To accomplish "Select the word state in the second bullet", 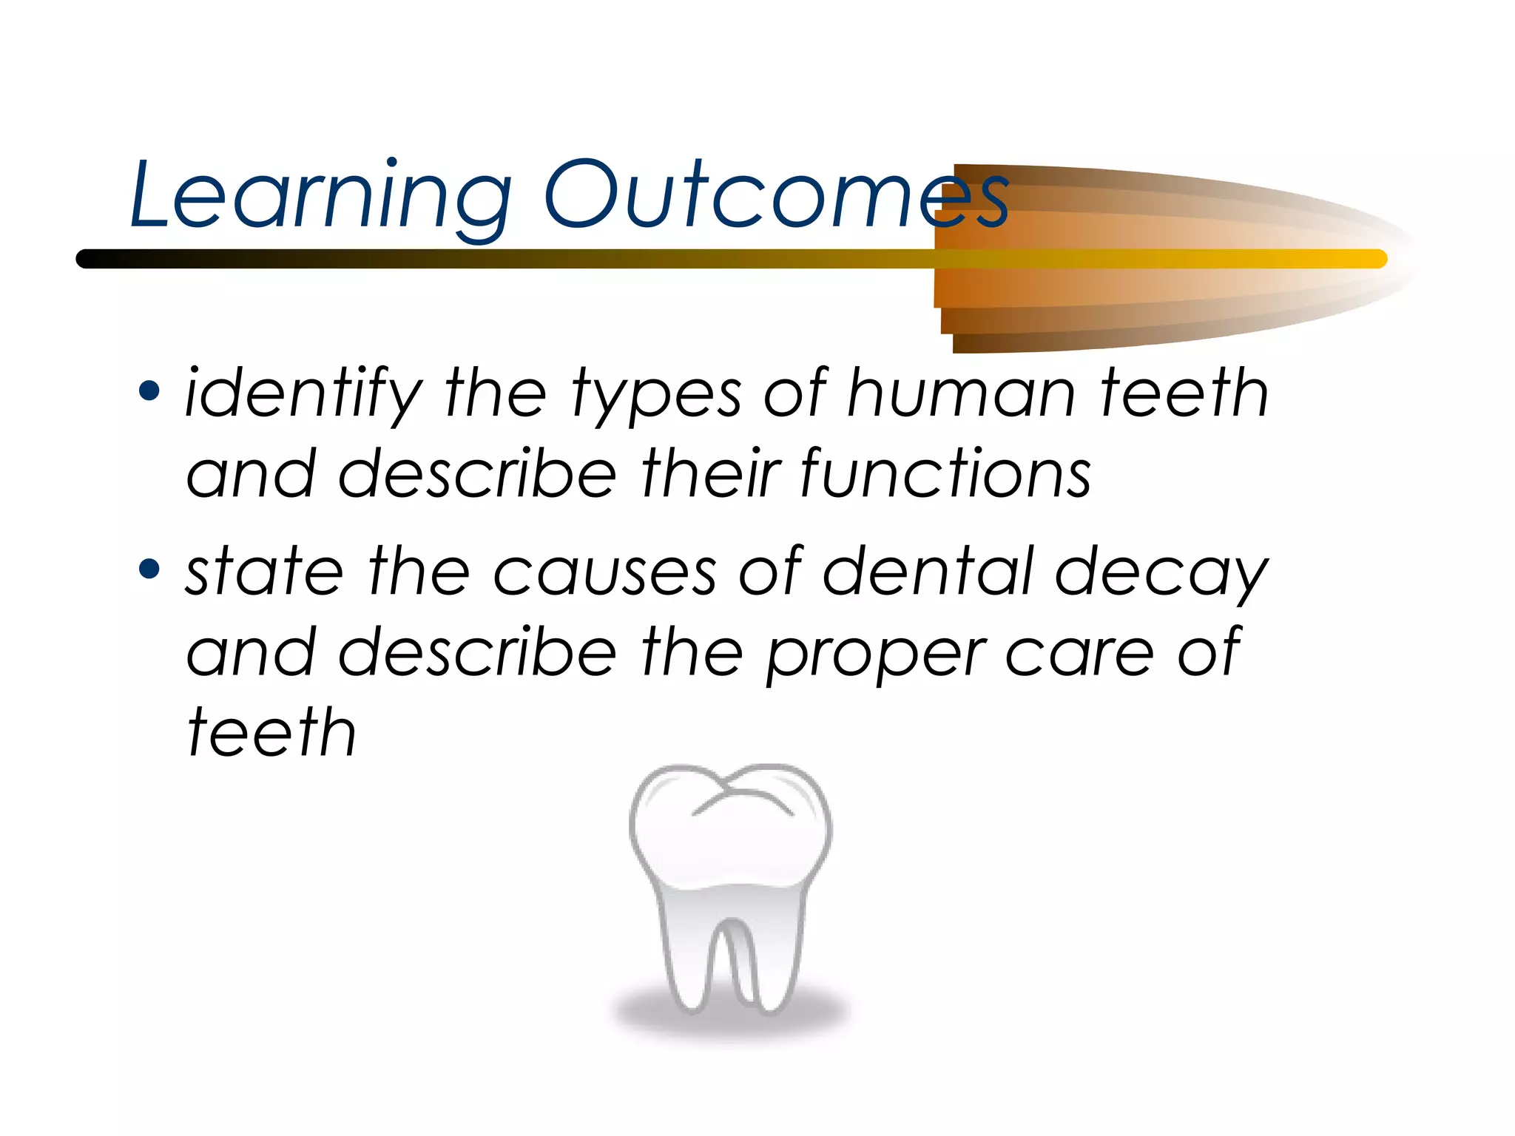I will (x=264, y=572).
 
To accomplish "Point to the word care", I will (x=1079, y=653).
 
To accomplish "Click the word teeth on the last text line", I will (x=271, y=732).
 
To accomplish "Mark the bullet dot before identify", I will (x=149, y=390).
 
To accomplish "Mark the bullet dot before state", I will (x=149, y=569).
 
